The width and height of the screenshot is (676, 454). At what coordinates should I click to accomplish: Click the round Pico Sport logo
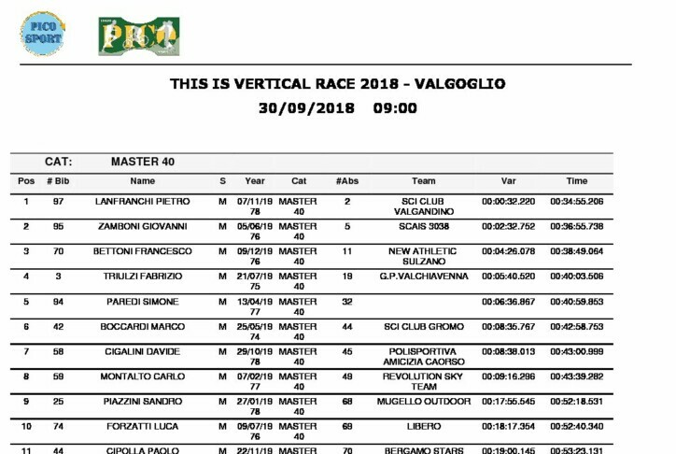42,34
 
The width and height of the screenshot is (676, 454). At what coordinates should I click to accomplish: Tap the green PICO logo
139,36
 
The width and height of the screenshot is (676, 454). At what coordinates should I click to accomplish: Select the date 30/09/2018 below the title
307,108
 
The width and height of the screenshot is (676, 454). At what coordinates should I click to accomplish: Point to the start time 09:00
395,108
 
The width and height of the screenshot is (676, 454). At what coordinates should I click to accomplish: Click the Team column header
423,181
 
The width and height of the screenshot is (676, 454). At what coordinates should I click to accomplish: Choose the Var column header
508,181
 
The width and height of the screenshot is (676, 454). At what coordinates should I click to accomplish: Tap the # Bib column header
58,181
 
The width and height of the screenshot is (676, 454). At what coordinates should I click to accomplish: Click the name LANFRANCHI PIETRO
143,202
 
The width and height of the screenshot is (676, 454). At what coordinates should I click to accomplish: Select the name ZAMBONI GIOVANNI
143,227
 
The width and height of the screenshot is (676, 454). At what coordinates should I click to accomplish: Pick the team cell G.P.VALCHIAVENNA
423,277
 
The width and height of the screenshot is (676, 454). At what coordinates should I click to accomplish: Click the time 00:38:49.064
576,252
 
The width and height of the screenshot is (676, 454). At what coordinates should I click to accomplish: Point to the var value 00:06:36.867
508,302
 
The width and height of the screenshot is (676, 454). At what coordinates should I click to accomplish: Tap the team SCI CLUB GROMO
423,327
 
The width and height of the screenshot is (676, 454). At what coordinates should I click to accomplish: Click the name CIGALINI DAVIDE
143,352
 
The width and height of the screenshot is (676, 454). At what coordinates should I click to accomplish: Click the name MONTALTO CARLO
143,376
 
